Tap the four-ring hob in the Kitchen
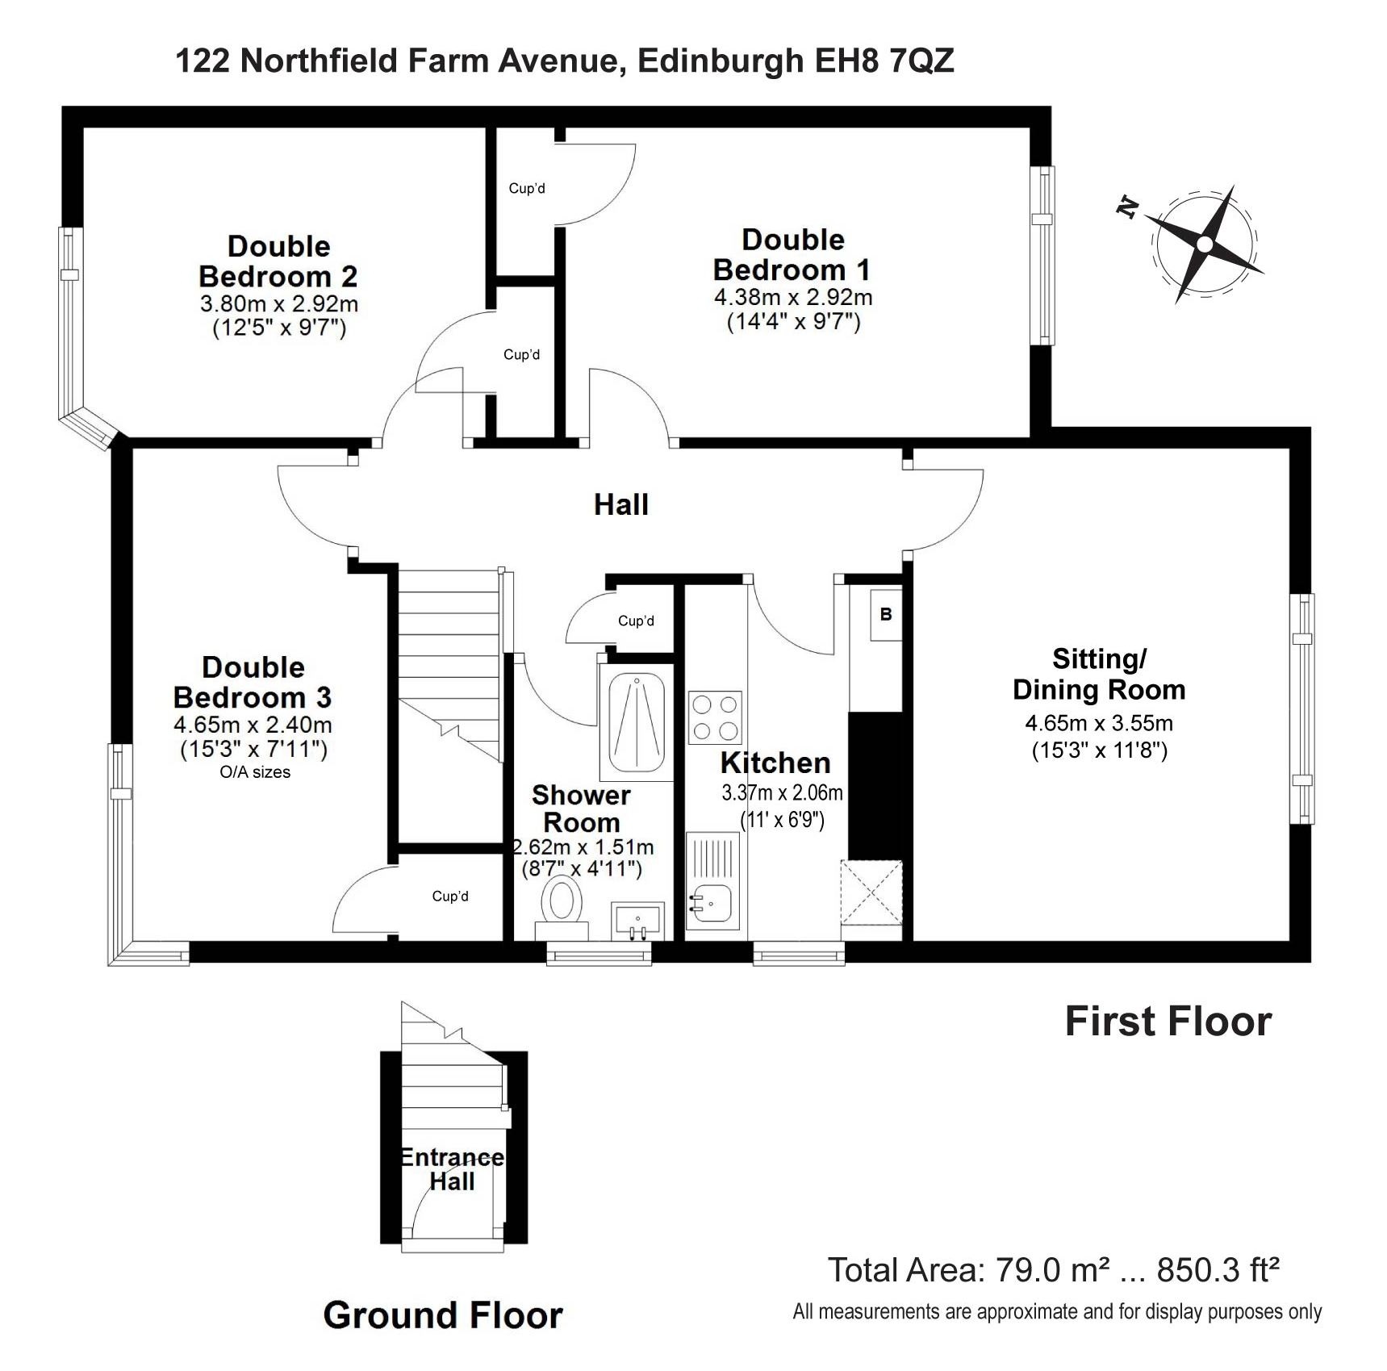tap(715, 717)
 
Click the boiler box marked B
tap(886, 615)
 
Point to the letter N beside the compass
tap(1128, 207)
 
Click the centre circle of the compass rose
tap(1205, 244)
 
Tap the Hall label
tap(621, 504)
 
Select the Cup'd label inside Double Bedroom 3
tap(450, 896)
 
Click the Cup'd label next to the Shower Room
tap(636, 621)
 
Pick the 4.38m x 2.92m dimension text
tap(793, 297)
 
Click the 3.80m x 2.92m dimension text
tap(279, 303)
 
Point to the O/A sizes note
tap(255, 772)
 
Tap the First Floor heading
tap(1168, 1022)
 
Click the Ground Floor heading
tap(443, 1315)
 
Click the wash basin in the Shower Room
tap(637, 921)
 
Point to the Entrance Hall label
tap(452, 1169)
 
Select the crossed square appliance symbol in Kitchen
tap(871, 892)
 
